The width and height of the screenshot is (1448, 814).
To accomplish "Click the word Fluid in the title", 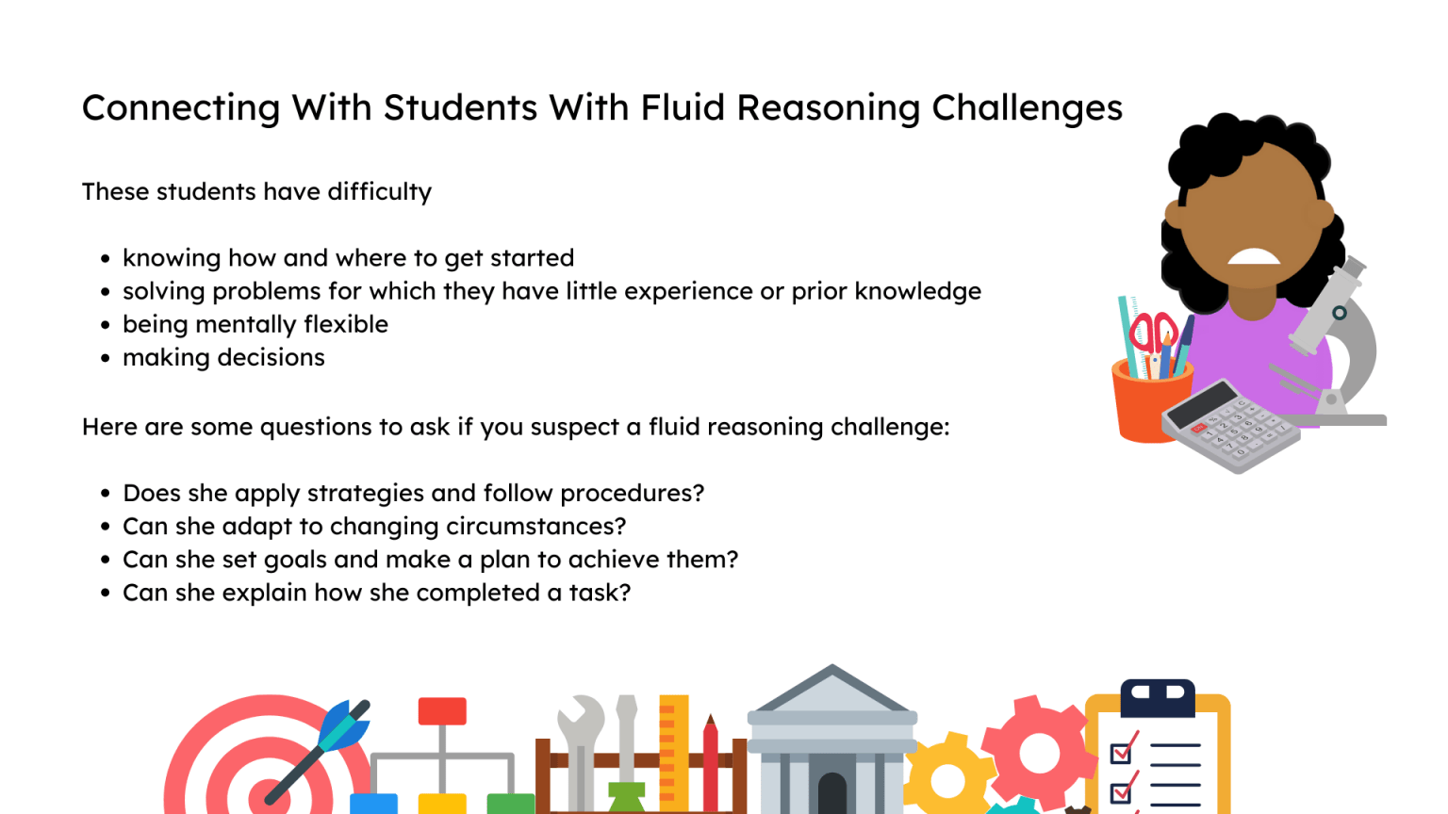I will click(x=683, y=107).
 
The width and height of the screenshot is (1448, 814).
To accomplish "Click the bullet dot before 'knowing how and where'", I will click(x=106, y=259).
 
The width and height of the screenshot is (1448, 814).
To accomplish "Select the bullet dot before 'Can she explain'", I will click(x=106, y=594).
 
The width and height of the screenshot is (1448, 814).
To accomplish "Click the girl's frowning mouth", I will click(x=1252, y=256).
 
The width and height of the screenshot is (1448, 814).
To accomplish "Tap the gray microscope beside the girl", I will click(x=1339, y=339).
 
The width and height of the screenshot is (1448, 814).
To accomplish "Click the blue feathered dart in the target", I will click(x=343, y=724).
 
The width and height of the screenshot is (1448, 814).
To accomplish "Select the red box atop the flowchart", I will click(x=442, y=710).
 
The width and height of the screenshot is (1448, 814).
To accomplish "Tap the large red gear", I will click(x=1037, y=751).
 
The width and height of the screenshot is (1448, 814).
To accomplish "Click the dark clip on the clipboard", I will click(x=1158, y=695).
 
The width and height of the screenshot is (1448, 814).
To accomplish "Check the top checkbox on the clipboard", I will click(x=1121, y=753).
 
